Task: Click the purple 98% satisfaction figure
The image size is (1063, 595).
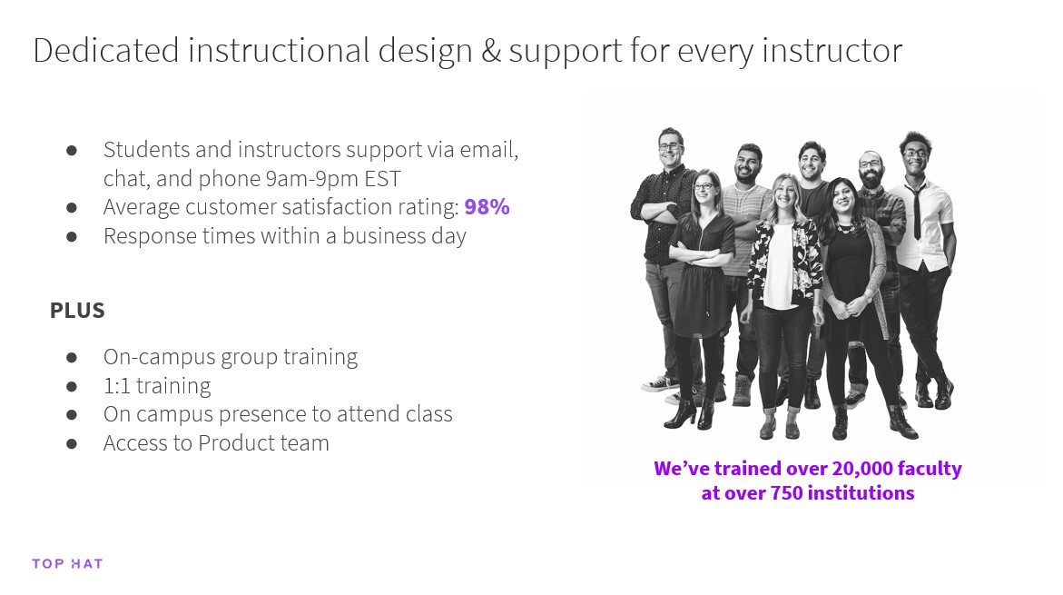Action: (487, 207)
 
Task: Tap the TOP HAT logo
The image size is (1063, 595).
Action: (67, 564)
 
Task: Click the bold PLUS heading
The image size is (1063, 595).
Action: (77, 311)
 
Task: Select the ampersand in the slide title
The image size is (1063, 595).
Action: (491, 51)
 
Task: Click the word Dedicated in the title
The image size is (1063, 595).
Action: (106, 51)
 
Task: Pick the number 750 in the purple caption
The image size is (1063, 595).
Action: (786, 493)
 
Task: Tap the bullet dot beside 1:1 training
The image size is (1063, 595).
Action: (72, 387)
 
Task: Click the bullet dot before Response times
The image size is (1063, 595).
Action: (72, 237)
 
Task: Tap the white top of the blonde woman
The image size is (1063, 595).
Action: (780, 267)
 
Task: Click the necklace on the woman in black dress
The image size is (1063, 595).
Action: (845, 229)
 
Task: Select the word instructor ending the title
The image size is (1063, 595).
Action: (832, 51)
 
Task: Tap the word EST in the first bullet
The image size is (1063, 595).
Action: (382, 179)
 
